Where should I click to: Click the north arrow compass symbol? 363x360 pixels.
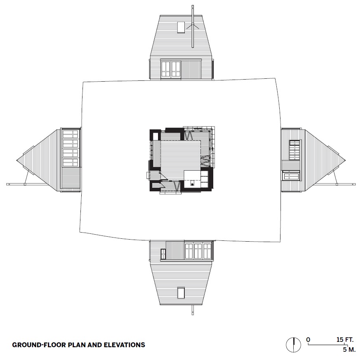pyautogui.click(x=294, y=345)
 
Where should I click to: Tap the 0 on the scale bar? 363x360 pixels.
pyautogui.click(x=308, y=340)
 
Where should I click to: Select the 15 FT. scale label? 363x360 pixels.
pyautogui.click(x=345, y=340)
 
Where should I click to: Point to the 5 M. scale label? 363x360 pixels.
pyautogui.click(x=349, y=349)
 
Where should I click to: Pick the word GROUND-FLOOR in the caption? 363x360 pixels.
pyautogui.click(x=38, y=345)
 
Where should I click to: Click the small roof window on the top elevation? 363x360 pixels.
pyautogui.click(x=181, y=28)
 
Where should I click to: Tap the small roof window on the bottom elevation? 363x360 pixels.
pyautogui.click(x=181, y=293)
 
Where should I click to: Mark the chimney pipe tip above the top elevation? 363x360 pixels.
pyautogui.click(x=193, y=6)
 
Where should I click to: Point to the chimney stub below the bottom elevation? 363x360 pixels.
pyautogui.click(x=193, y=310)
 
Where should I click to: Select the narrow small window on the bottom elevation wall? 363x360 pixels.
pyautogui.click(x=163, y=254)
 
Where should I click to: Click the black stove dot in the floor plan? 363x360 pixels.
pyautogui.click(x=192, y=184)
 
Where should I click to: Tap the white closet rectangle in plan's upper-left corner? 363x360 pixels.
pyautogui.click(x=155, y=136)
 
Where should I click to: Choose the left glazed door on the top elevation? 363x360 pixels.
pyautogui.click(x=166, y=69)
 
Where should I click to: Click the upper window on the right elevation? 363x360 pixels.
pyautogui.click(x=295, y=150)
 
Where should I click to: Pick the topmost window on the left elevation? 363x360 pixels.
pyautogui.click(x=71, y=134)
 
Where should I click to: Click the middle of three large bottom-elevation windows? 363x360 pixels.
pyautogui.click(x=198, y=251)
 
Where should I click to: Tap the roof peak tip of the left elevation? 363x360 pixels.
pyautogui.click(x=16, y=160)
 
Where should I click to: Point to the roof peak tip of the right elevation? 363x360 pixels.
pyautogui.click(x=345, y=160)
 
